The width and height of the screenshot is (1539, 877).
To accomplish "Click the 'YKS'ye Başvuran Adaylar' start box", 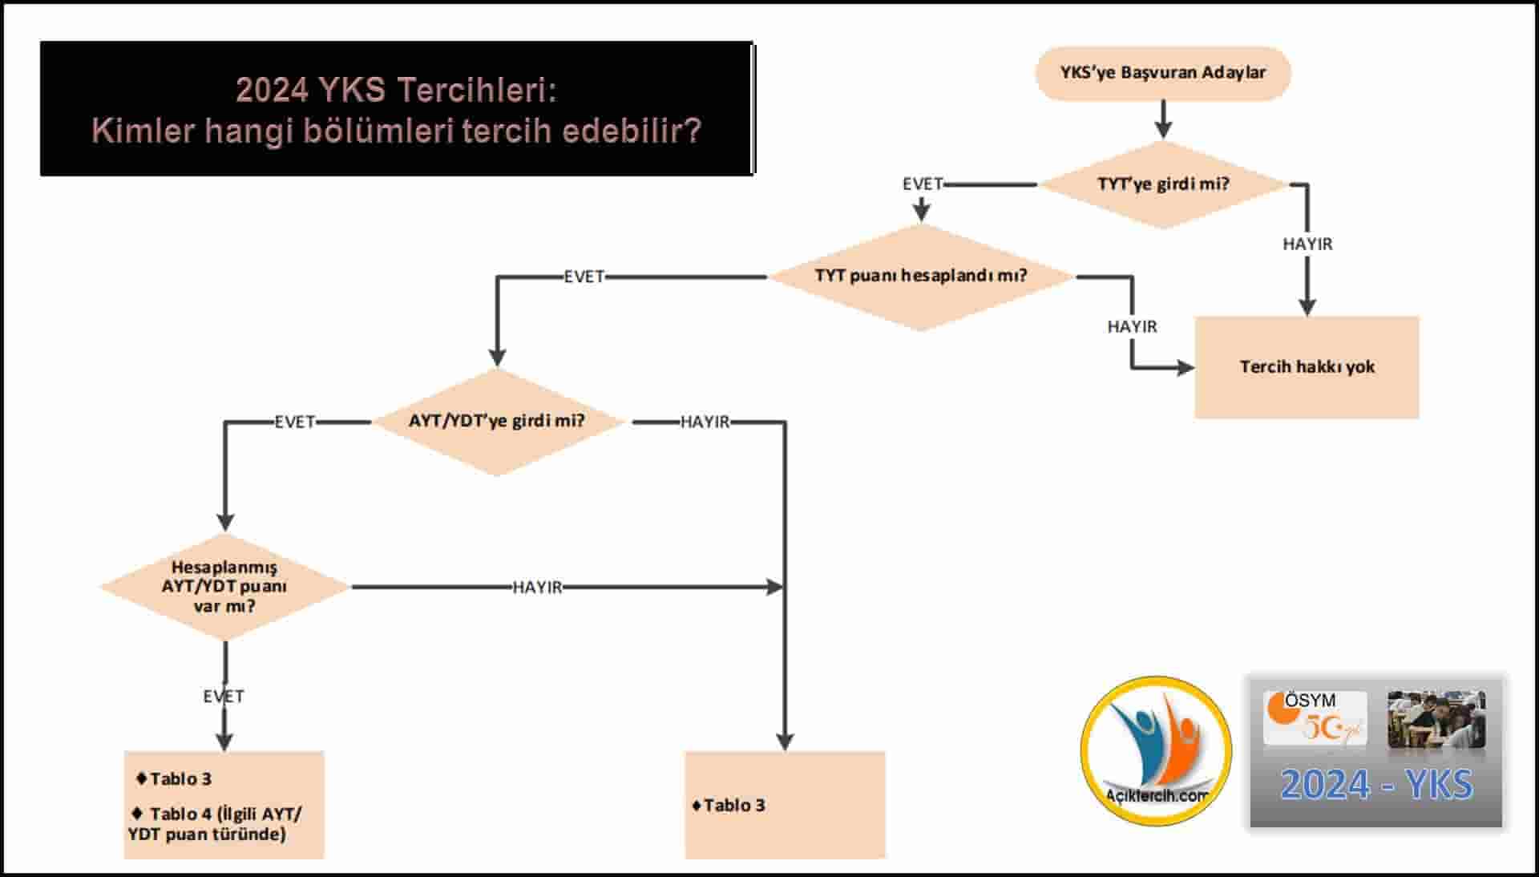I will point(1162,73).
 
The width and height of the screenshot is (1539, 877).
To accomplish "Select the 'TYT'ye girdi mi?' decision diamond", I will point(1162,184).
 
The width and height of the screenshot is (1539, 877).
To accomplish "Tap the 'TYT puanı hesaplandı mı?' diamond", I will point(921,276).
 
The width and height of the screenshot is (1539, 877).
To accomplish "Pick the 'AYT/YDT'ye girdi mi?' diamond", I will point(497,422).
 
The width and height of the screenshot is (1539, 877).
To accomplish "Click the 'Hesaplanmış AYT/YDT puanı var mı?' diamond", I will point(224,587).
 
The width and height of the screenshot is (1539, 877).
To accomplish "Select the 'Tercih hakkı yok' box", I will point(1307,367).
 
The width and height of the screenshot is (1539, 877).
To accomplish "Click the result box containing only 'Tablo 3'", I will point(785,805).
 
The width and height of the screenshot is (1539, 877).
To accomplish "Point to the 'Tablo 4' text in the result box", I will point(181,814).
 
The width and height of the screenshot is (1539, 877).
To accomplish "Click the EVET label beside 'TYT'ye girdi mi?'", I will point(923,184).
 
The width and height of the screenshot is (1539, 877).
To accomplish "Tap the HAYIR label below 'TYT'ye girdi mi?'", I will point(1307,244).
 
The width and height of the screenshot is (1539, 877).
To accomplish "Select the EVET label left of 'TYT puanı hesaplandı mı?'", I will point(584,277).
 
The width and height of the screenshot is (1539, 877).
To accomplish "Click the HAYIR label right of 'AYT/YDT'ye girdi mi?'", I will point(705,422).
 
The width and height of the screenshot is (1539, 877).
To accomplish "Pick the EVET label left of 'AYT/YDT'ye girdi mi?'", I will point(295,422).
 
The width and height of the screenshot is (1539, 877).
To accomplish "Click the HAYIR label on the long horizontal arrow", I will point(537,588).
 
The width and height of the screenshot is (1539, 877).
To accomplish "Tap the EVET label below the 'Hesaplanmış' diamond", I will point(224,696).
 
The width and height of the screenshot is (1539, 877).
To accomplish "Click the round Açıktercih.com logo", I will point(1156,750).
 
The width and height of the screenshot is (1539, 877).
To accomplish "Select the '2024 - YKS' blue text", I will point(1376,785).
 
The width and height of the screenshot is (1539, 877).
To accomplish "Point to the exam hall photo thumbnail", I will point(1436,719).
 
